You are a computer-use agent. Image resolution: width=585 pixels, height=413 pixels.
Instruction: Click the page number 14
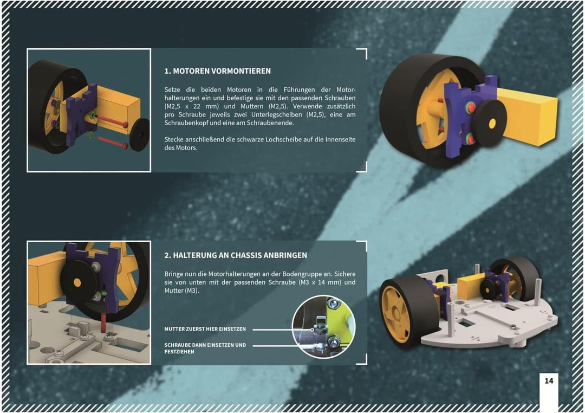[548, 381]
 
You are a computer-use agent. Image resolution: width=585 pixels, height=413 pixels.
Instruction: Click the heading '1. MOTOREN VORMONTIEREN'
[218, 71]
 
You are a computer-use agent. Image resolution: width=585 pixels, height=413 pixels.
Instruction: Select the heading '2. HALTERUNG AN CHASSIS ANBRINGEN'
[236, 255]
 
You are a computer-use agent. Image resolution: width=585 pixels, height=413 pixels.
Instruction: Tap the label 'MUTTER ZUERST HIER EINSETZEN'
[205, 329]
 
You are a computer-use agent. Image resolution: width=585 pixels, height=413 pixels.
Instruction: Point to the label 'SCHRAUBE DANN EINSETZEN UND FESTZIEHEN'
[205, 349]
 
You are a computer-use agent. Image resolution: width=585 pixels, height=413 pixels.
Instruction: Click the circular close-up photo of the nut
[323, 327]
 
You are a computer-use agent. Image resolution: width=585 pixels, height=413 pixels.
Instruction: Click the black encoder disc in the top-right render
[490, 123]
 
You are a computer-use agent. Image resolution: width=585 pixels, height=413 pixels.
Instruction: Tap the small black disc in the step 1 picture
[139, 135]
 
